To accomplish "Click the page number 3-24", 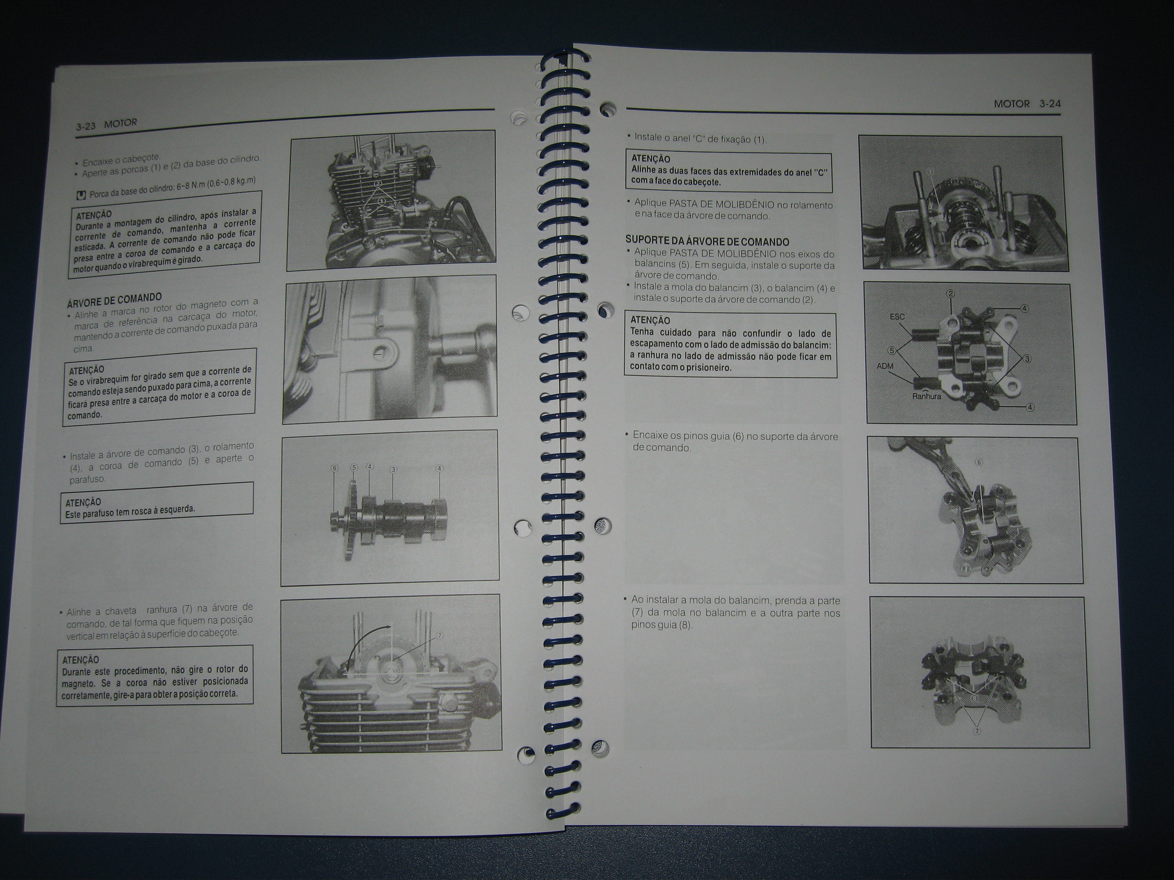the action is click(x=1050, y=104).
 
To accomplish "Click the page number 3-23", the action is click(x=86, y=126).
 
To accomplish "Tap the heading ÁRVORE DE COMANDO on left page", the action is click(x=114, y=300).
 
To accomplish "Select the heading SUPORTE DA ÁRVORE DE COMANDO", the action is click(x=707, y=241).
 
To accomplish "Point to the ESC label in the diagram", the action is click(x=897, y=317).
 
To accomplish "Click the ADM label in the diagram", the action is click(x=885, y=366).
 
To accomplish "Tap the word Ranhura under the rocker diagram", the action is click(x=927, y=396).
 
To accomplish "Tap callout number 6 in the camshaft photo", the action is click(x=334, y=468).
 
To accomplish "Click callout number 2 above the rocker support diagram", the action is click(x=950, y=293).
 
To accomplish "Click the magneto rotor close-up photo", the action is click(x=390, y=349).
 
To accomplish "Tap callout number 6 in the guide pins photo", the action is click(x=979, y=463).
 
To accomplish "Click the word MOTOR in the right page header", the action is click(x=1012, y=104).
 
